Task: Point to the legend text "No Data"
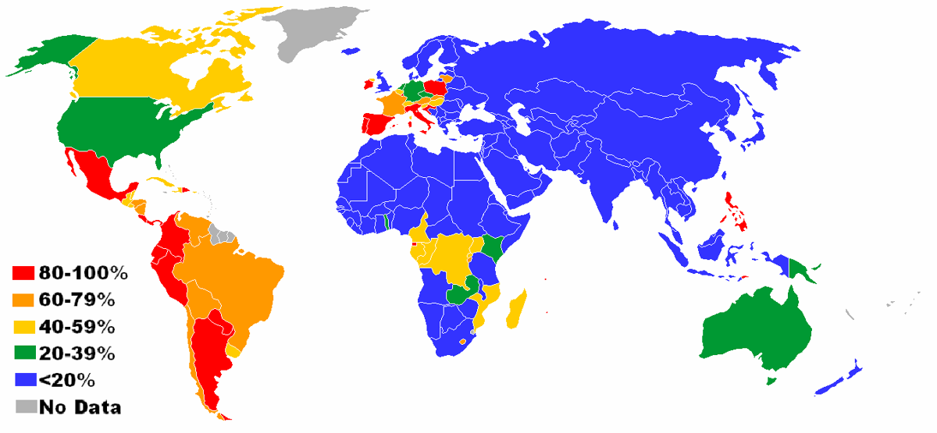click(80, 406)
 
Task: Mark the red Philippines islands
click(734, 211)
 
